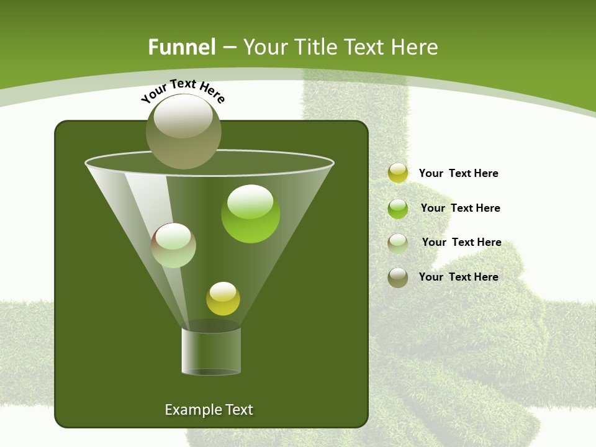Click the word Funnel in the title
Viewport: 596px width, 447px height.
coord(181,47)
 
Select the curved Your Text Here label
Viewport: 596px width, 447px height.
coord(183,89)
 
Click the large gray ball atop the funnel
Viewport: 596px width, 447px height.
coord(184,131)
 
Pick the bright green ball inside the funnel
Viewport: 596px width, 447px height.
coord(250,214)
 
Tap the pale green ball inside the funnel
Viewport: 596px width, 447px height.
coord(174,245)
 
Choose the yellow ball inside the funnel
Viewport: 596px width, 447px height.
coord(223,299)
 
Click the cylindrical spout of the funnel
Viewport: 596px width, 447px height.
coord(211,351)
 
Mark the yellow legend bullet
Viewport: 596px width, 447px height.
coord(398,173)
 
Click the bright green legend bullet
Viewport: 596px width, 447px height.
coord(398,209)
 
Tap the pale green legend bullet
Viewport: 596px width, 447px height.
coord(398,243)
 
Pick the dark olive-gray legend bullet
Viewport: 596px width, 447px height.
coord(398,278)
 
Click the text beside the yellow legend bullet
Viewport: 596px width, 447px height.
coord(458,173)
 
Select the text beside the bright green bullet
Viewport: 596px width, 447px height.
coord(460,208)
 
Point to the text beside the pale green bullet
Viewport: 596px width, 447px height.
coord(461,242)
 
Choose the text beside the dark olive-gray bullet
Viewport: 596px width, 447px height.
coord(458,277)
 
